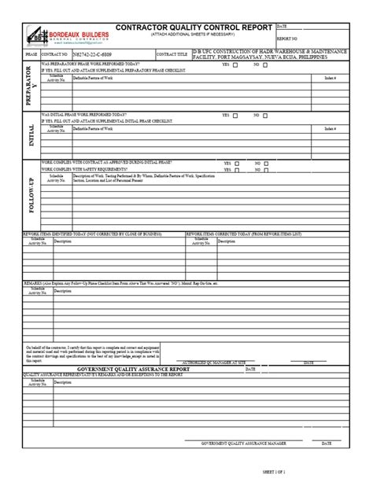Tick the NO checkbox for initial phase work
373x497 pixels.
(267, 115)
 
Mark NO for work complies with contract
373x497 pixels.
(267, 162)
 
